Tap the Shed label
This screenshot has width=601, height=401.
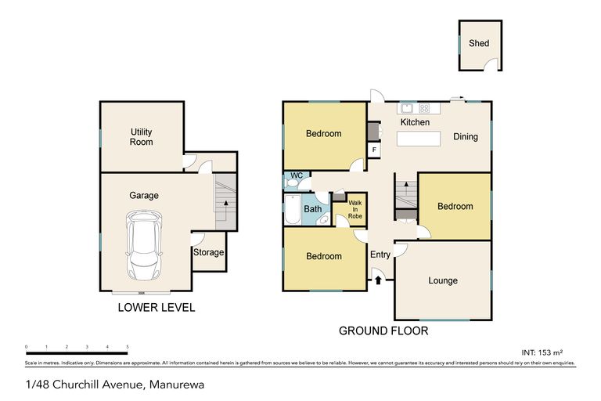(479, 43)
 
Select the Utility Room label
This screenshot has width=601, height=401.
(142, 137)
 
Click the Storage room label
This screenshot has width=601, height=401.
(209, 252)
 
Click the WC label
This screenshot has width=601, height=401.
(296, 175)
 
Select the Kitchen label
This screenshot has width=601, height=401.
(415, 123)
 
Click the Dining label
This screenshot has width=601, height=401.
(466, 137)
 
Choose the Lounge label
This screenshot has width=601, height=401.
(443, 280)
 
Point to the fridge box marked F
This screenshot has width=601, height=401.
(375, 150)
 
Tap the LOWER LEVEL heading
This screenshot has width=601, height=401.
(156, 308)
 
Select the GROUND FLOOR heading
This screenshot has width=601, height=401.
(383, 331)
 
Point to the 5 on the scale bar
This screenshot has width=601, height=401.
(127, 347)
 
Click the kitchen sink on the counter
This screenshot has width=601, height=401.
(406, 108)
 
